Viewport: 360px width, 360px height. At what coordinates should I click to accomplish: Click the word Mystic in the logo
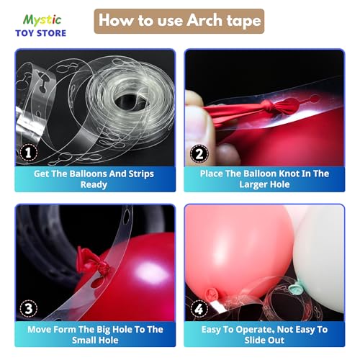tap(42, 20)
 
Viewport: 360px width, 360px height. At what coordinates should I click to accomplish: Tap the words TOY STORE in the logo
tap(41, 33)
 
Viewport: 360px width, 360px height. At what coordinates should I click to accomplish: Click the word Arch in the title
tap(204, 20)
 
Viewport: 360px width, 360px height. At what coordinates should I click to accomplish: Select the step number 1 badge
tap(29, 153)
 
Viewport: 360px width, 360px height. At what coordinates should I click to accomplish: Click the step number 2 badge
tap(199, 154)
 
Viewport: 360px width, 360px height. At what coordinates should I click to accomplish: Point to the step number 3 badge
tap(29, 308)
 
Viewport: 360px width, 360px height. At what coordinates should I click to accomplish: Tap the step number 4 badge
tap(199, 309)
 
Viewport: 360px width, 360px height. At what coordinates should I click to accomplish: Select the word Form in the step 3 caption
tap(65, 330)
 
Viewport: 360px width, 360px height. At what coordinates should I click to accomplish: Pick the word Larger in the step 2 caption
tap(253, 185)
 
